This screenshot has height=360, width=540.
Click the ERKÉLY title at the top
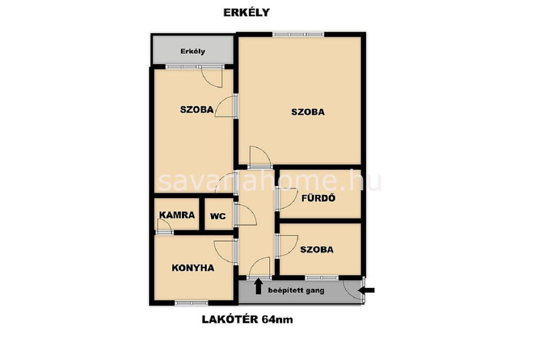247,13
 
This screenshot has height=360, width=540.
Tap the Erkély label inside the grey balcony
193,51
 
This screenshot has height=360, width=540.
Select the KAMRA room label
177,215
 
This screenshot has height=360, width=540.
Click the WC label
218,216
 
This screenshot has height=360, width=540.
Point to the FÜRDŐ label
318,198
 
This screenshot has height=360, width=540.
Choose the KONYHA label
193,268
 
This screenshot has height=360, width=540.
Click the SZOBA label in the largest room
308,112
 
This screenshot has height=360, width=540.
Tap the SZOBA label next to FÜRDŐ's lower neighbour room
317,249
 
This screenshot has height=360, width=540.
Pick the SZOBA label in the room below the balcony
197,110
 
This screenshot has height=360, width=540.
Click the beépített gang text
296,290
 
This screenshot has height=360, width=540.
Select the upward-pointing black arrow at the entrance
258,287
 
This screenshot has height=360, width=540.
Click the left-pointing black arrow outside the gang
366,290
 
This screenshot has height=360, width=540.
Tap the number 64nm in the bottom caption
277,320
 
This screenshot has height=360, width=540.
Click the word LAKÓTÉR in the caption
230,320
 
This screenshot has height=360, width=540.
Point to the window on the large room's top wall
298,34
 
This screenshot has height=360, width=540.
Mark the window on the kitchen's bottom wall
191,303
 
